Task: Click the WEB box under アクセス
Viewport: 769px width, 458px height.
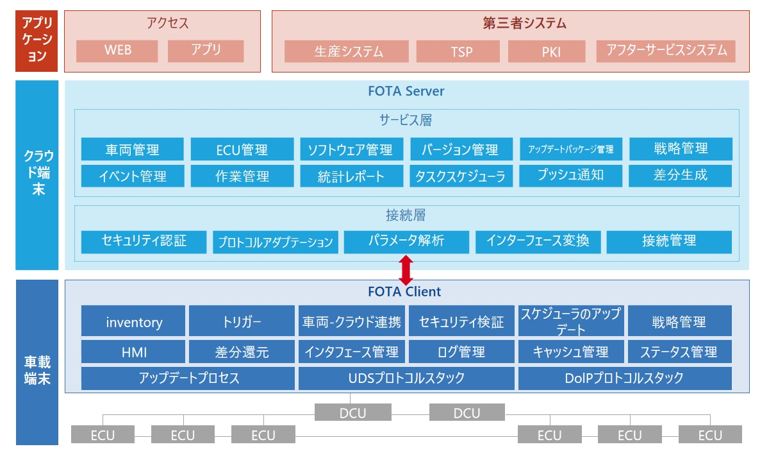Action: tap(117, 51)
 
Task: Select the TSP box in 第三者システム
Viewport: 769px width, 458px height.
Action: tap(458, 51)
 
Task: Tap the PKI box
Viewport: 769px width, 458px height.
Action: tap(547, 51)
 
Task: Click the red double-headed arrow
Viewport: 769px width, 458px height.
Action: tap(406, 270)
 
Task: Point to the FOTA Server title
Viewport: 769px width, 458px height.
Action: tap(406, 91)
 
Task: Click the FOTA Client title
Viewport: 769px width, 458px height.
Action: tap(404, 292)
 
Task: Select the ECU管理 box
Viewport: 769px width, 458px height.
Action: tap(242, 149)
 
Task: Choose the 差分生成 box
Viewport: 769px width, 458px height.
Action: tap(681, 176)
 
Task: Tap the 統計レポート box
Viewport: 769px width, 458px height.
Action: tap(352, 176)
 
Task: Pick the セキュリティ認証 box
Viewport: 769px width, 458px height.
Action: tap(144, 242)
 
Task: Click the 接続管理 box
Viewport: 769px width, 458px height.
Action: tap(669, 242)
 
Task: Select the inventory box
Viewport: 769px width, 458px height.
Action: tap(133, 321)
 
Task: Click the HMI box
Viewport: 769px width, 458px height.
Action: tap(133, 352)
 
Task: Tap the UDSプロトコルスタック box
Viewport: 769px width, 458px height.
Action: tap(406, 378)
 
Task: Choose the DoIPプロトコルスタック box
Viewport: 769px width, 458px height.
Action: tap(625, 378)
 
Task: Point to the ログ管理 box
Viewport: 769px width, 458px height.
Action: tap(461, 352)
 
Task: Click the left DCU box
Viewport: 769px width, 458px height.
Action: tap(353, 412)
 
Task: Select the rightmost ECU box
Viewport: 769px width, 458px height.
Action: tap(710, 434)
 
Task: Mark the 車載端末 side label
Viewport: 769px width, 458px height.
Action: tap(37, 370)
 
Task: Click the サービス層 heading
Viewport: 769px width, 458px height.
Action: tap(406, 120)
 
